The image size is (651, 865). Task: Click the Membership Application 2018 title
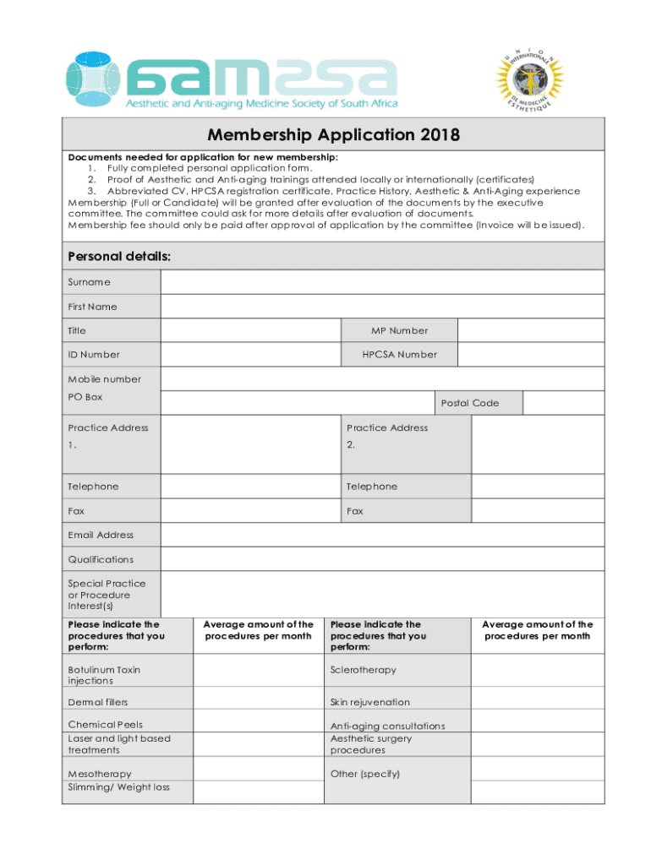pyautogui.click(x=333, y=134)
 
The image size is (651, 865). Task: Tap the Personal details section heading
pyautogui.click(x=118, y=256)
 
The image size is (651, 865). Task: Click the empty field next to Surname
pyautogui.click(x=382, y=282)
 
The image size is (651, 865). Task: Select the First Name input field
pyautogui.click(x=382, y=306)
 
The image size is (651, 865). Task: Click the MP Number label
pyautogui.click(x=399, y=330)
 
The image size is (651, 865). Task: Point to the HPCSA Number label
pyautogui.click(x=399, y=355)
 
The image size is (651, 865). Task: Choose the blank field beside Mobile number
pyautogui.click(x=382, y=379)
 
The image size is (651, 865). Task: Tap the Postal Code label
pyautogui.click(x=470, y=403)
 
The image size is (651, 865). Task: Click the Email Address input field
pyautogui.click(x=382, y=535)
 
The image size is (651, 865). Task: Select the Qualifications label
pyautogui.click(x=101, y=559)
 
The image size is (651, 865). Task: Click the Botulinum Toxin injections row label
pyautogui.click(x=104, y=675)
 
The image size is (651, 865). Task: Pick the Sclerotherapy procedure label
pyautogui.click(x=363, y=670)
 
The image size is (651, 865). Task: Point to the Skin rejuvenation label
pyautogui.click(x=369, y=702)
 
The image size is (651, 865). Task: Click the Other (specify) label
pyautogui.click(x=364, y=774)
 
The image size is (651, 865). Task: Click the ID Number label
pyautogui.click(x=93, y=355)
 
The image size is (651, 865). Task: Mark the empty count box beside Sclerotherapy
pyautogui.click(x=537, y=670)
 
